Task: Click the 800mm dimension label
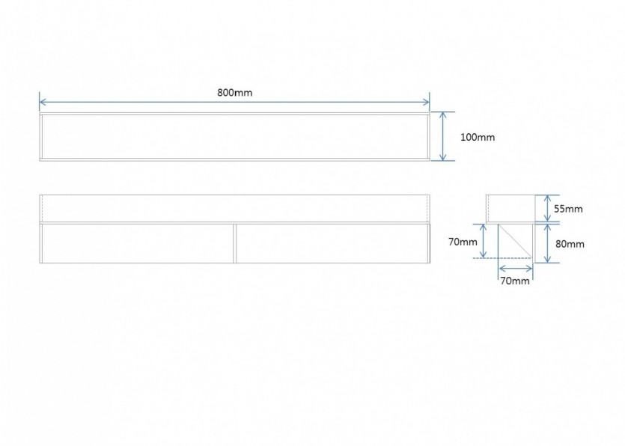234,93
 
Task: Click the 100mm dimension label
478,138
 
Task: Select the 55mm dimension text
568,209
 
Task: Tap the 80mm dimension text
570,244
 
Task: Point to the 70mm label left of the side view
463,242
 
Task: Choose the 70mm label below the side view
514,281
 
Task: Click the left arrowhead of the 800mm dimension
42,102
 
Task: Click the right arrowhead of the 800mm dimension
427,102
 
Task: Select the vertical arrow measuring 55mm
547,208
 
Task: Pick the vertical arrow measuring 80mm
547,243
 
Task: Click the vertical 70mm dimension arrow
484,241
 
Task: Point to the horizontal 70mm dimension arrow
516,269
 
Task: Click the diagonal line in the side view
515,241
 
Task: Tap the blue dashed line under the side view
502,258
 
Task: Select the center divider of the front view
235,243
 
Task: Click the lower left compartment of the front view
137,243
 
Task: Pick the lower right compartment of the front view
333,243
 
